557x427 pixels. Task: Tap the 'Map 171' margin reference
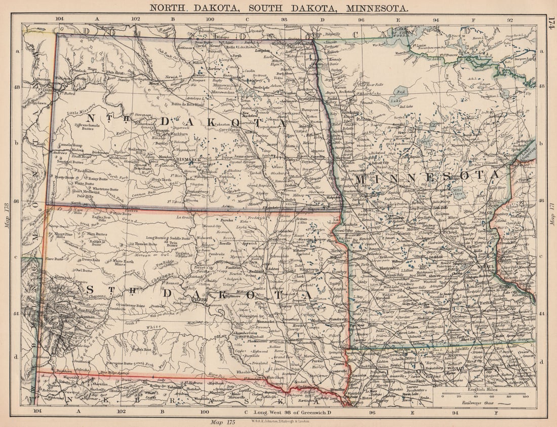(551, 213)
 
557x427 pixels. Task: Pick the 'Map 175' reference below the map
(222, 420)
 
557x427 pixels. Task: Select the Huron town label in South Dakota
(286, 306)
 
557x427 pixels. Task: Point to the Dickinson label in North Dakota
(100, 152)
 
